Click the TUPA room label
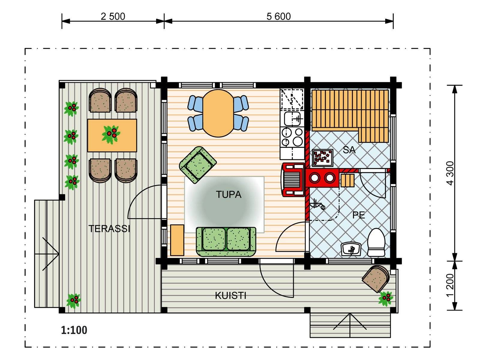(229, 194)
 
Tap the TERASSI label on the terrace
(109, 229)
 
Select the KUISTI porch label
(230, 296)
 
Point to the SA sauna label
(349, 150)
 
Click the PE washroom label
(358, 215)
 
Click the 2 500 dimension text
(113, 16)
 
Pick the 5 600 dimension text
(279, 16)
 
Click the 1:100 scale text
(74, 330)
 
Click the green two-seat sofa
(226, 242)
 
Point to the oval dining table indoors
(218, 113)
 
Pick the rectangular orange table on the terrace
(112, 136)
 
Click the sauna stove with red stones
(322, 158)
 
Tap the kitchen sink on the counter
(292, 119)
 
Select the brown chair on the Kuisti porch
(376, 279)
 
